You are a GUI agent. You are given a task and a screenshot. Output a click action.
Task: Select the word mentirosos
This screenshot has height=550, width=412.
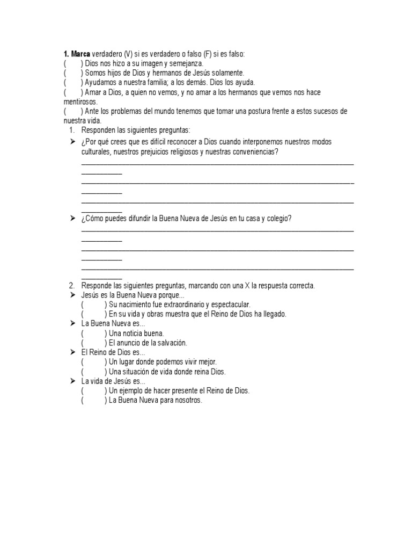point(80,101)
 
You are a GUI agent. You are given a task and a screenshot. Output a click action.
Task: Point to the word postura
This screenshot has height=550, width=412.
point(249,111)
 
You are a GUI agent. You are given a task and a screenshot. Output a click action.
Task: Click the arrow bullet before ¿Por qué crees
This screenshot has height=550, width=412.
point(72,141)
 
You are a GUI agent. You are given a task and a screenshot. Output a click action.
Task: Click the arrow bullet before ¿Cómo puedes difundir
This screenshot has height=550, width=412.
point(72,218)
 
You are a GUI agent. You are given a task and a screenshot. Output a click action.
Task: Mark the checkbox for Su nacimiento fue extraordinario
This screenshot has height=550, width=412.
point(94,305)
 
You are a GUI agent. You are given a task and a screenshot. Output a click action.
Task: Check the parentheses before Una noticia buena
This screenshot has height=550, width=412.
point(94,333)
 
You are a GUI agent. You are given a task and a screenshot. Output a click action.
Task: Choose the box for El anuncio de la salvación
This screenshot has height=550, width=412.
point(94,343)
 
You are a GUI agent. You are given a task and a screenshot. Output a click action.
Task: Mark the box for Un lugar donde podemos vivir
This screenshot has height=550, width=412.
point(94,362)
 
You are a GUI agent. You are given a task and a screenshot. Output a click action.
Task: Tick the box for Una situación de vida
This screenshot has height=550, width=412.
point(94,372)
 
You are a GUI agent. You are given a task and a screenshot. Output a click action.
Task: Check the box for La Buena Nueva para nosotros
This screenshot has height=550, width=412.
point(94,400)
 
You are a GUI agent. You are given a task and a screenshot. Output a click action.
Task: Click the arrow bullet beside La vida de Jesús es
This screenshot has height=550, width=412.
point(72,381)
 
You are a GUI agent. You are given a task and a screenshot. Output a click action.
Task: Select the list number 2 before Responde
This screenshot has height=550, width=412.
point(71,285)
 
